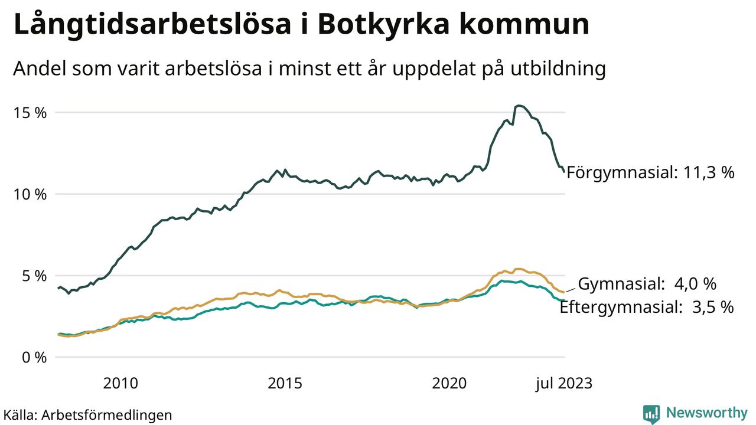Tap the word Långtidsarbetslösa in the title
coord(157,25)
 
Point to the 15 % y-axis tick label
coord(30,113)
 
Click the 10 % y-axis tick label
coord(30,194)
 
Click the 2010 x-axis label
coord(120,384)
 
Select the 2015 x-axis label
coord(285,384)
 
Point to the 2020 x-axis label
coord(449,384)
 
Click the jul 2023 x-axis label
coord(563,384)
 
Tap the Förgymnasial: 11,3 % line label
coord(650,173)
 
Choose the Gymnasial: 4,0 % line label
coord(647,284)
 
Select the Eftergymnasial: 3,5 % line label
coord(647,307)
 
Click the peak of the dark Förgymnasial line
coord(518,106)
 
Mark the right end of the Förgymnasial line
coord(565,172)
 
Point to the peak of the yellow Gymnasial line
coord(519,269)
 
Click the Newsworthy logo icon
coord(651,413)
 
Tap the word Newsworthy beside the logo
coord(707,413)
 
